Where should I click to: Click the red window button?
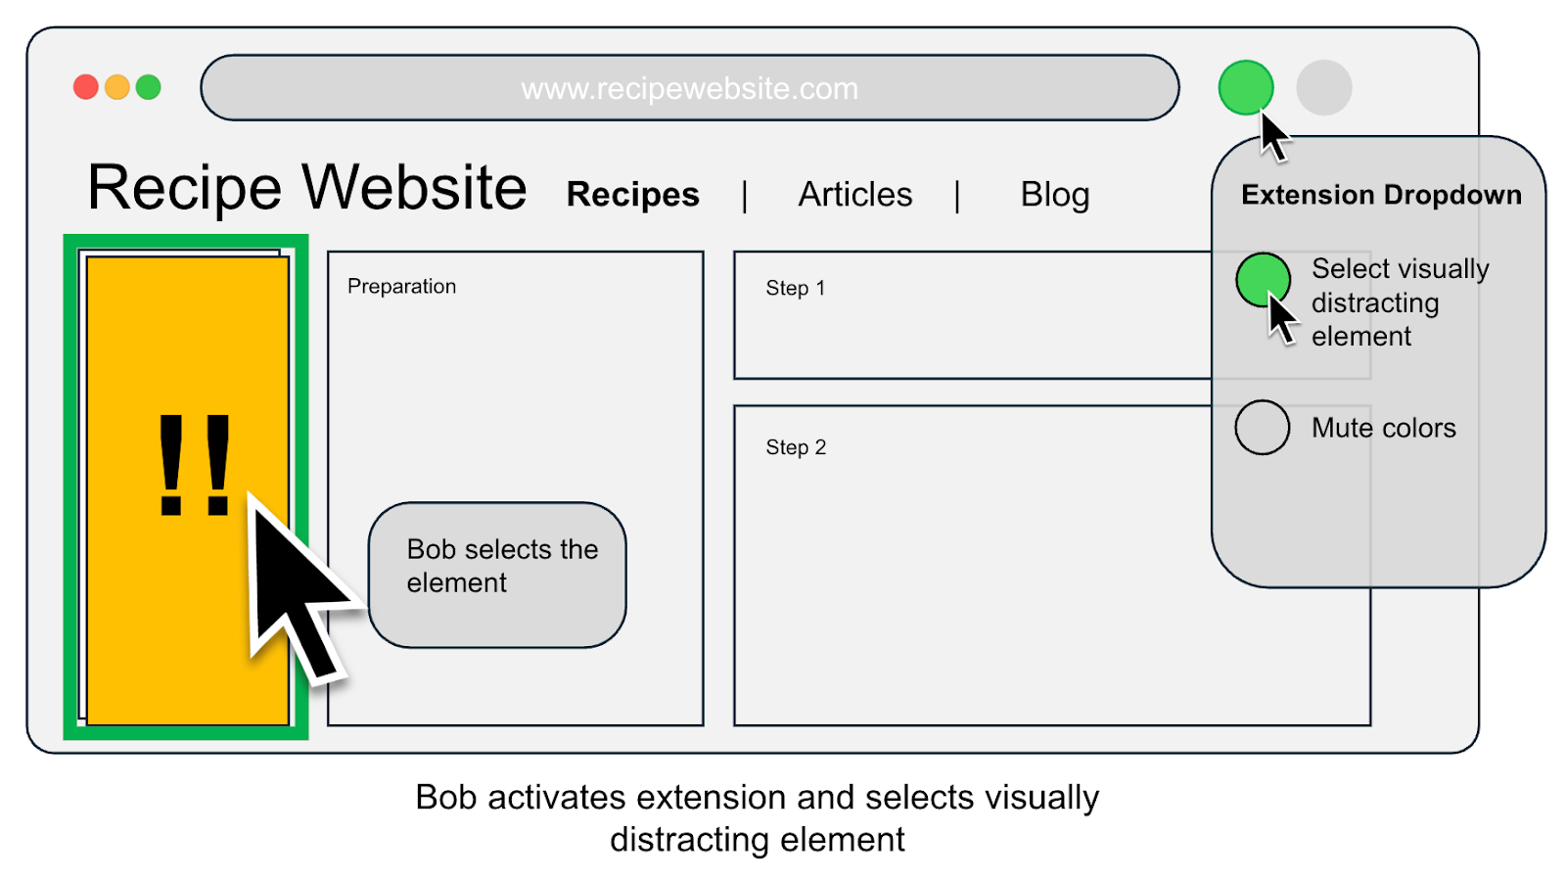click(x=86, y=87)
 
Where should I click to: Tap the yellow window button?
click(x=117, y=87)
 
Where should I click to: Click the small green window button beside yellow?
click(x=149, y=87)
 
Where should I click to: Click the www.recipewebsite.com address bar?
click(x=689, y=88)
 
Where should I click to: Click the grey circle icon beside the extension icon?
click(x=1323, y=88)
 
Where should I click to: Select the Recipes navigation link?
click(x=632, y=195)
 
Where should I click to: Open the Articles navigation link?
click(x=854, y=195)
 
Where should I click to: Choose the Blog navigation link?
click(x=1054, y=195)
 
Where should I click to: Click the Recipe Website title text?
click(x=306, y=187)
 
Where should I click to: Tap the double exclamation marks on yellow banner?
click(x=194, y=465)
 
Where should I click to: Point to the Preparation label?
click(x=401, y=287)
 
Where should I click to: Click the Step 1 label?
click(x=795, y=288)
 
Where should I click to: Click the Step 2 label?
click(x=795, y=447)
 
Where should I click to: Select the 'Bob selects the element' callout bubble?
click(x=497, y=575)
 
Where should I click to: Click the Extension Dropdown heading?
click(x=1380, y=195)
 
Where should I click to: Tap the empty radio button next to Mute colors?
click(x=1262, y=427)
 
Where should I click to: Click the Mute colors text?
click(x=1383, y=428)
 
